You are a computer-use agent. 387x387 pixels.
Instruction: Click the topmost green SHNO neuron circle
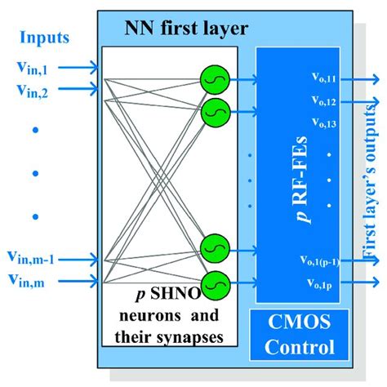214,79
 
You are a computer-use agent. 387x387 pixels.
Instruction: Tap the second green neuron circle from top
214,108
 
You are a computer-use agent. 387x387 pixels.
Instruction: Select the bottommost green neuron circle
214,282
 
